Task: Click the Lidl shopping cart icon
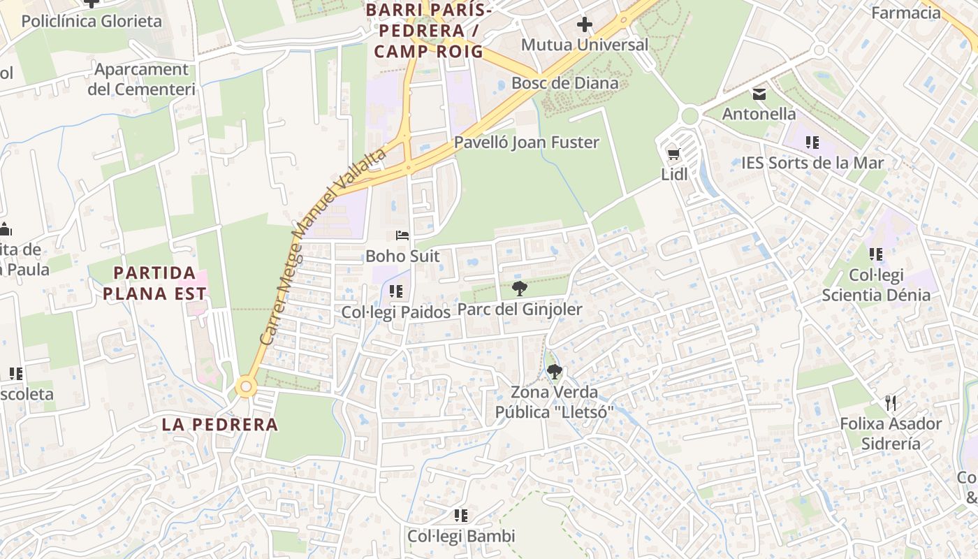point(673,154)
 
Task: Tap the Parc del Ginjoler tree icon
point(519,288)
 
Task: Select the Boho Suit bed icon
point(402,235)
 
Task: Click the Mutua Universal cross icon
point(584,24)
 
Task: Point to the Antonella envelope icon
point(759,94)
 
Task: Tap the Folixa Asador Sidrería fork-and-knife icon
point(890,403)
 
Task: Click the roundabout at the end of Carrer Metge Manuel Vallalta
point(245,386)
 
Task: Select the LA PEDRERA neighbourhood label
point(220,424)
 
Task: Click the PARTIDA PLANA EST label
point(154,283)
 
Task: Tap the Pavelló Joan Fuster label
point(527,143)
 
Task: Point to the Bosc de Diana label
point(564,83)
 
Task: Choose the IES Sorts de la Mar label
point(812,163)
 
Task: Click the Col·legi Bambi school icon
point(460,516)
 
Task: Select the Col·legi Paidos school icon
point(396,291)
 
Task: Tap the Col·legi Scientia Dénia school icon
point(875,254)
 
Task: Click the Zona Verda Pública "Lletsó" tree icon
point(554,372)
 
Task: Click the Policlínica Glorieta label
point(92,21)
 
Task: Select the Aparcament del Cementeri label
point(141,79)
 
